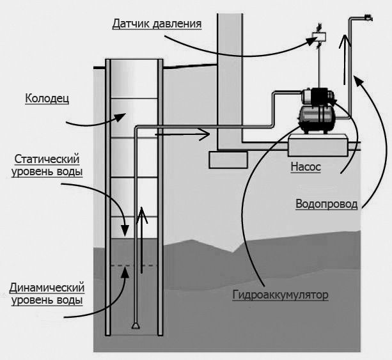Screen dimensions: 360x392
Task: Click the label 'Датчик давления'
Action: click(157, 24)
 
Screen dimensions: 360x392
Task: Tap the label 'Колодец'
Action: click(47, 98)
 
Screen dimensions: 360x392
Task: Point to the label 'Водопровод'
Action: click(326, 204)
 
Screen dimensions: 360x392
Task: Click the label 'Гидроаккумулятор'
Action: click(280, 295)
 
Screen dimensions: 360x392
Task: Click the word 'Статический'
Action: click(47, 159)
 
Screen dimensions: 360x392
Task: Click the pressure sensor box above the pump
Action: click(318, 38)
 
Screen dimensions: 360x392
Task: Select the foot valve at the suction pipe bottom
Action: click(136, 325)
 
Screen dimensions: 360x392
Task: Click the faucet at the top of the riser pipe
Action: click(367, 18)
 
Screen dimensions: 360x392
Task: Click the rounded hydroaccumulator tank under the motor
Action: click(315, 118)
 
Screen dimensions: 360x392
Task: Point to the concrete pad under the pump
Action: click(317, 145)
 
